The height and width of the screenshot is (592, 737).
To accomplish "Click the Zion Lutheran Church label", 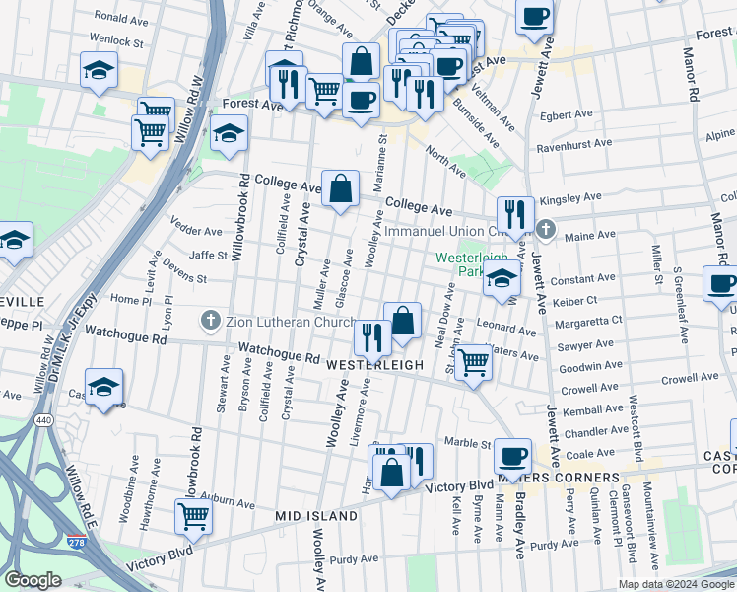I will coord(291,321).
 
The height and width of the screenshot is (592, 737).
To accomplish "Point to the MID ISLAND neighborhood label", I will coord(316,516).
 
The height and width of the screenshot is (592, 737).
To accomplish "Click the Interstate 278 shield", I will coord(76,542).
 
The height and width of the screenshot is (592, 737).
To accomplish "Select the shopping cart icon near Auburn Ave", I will coord(194,514).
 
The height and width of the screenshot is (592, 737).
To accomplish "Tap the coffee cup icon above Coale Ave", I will coord(512,456).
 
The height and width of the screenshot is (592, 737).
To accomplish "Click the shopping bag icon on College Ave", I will coord(340,187).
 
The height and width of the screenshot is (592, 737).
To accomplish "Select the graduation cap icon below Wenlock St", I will coord(100,70).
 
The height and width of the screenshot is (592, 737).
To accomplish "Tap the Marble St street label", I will coord(466,442).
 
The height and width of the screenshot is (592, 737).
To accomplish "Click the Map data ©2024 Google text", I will coord(676,584).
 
